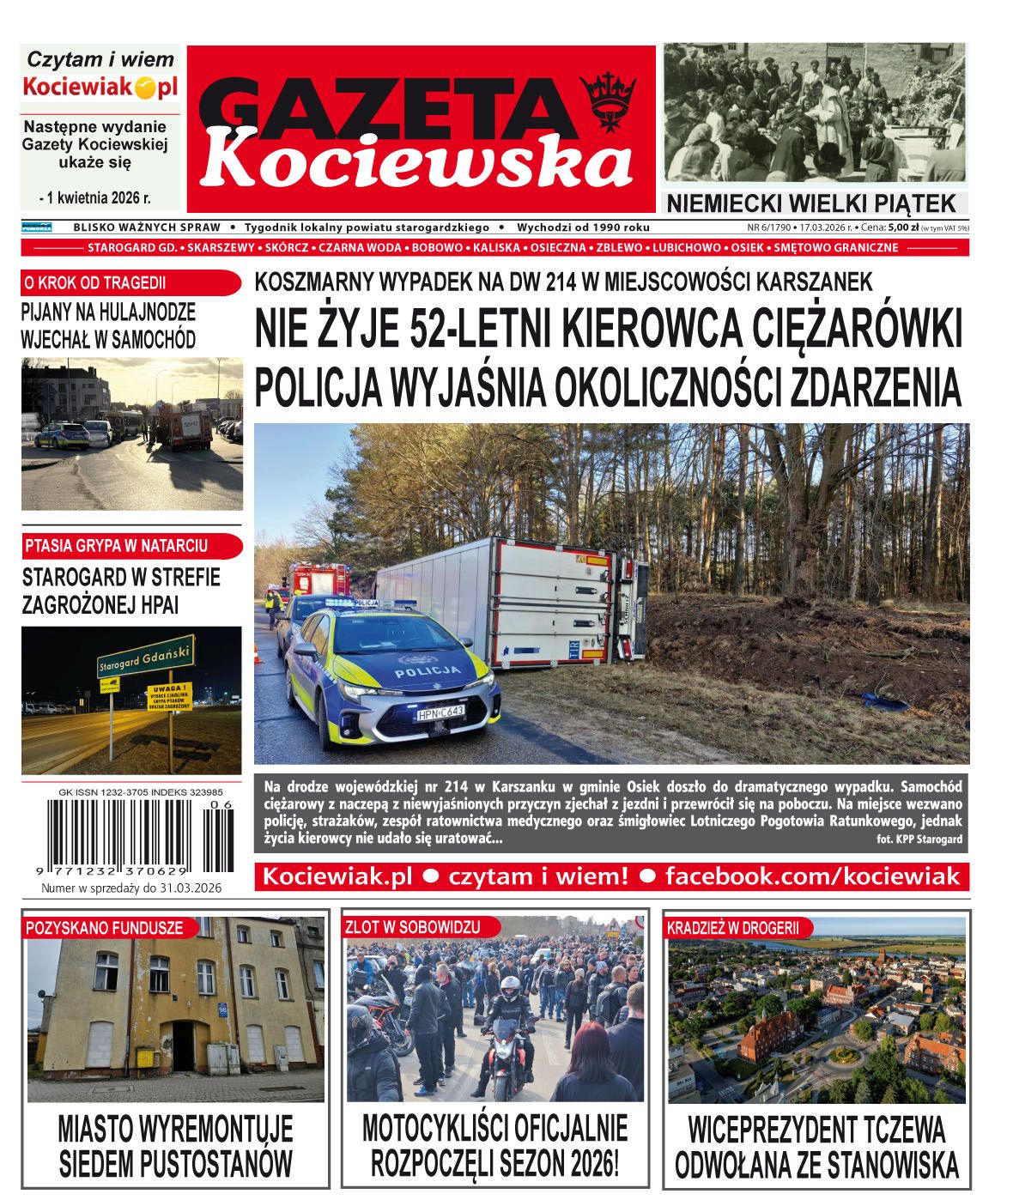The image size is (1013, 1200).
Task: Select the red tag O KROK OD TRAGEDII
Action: click(96, 282)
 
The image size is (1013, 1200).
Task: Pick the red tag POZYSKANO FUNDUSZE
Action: click(105, 927)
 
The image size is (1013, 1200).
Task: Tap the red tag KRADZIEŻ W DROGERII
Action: click(733, 927)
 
